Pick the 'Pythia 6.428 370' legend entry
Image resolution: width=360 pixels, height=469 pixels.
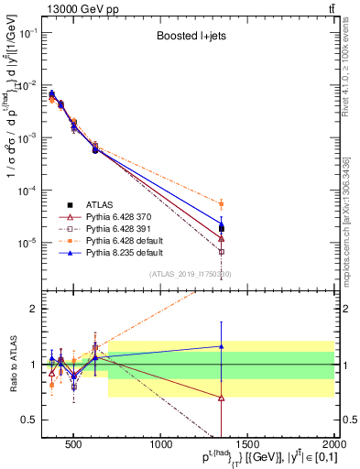[x=120, y=217]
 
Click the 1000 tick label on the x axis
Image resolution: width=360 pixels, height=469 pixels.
[x=161, y=447]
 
